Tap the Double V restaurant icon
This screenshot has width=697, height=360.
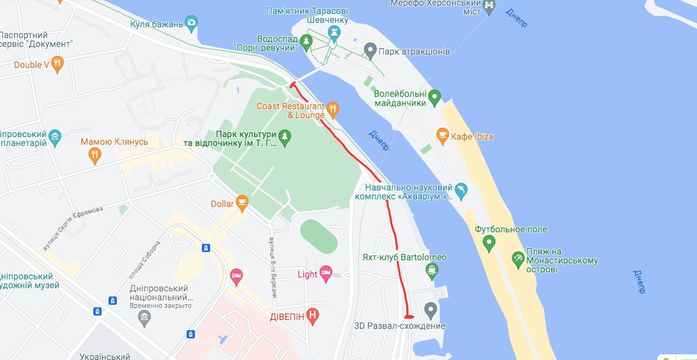[x=58, y=63]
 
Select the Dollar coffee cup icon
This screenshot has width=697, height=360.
[x=241, y=203]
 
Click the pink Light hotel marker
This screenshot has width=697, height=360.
[x=326, y=274]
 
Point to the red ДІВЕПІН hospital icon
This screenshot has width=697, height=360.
[x=312, y=315]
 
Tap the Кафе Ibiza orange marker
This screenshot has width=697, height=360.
[x=442, y=136]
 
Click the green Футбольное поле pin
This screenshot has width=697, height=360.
[x=489, y=243]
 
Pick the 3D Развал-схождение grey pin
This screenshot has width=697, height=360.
[x=431, y=310]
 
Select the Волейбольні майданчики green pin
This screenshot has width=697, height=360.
[x=435, y=98]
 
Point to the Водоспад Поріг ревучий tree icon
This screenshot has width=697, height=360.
[x=307, y=43]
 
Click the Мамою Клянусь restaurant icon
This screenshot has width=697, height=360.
[x=95, y=153]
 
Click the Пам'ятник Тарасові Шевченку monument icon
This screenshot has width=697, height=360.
[x=334, y=31]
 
